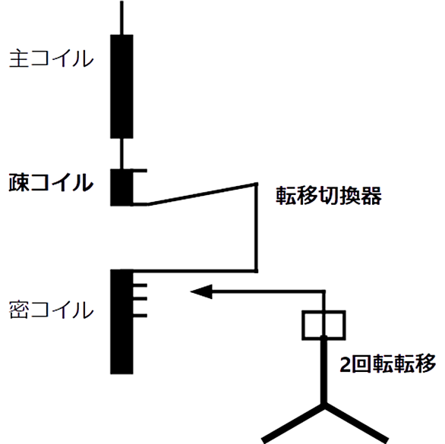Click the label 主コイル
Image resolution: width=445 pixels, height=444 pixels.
(x=52, y=58)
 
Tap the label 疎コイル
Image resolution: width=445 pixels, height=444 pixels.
(x=51, y=182)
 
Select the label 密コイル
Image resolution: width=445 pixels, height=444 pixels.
(x=52, y=310)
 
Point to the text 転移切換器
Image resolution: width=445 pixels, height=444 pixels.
(x=329, y=196)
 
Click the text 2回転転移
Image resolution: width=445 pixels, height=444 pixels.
(x=388, y=364)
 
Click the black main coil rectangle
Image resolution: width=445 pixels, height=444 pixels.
(x=122, y=87)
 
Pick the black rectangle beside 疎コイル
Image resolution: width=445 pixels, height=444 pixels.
(x=122, y=187)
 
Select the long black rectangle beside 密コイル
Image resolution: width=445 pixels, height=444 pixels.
(x=122, y=322)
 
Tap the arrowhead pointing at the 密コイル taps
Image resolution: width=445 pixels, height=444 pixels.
(x=201, y=291)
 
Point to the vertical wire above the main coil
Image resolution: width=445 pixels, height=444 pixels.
(x=122, y=17)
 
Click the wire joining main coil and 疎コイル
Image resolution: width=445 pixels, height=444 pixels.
(x=122, y=154)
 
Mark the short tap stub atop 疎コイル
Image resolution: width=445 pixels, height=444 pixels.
(x=140, y=171)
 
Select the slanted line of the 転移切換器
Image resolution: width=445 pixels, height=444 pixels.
(x=202, y=194)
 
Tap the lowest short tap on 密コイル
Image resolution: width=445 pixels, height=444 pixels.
(x=140, y=316)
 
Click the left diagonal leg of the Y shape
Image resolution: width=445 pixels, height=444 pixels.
(x=293, y=423)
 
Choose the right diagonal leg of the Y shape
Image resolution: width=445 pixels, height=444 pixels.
(x=356, y=423)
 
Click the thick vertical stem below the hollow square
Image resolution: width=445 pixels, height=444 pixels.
(x=323, y=370)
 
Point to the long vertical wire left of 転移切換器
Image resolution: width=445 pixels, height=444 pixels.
(x=256, y=228)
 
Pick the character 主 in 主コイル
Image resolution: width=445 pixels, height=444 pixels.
(x=19, y=58)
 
